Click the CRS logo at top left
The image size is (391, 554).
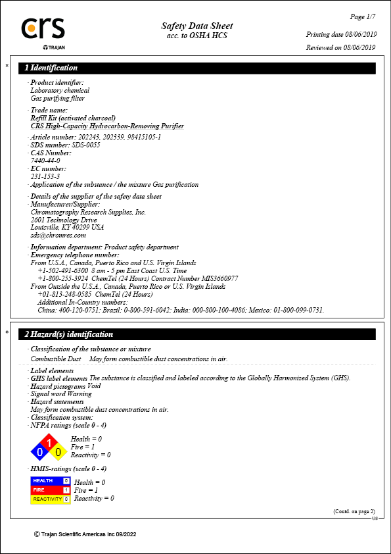[x=43, y=29]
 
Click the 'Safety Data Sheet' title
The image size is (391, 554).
[x=196, y=26]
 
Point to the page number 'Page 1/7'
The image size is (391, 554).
[x=361, y=16]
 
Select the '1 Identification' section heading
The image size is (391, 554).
[x=51, y=68]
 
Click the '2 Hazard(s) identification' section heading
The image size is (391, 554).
[x=69, y=334]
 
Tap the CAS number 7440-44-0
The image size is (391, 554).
[x=45, y=161]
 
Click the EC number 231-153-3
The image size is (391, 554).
[x=45, y=176]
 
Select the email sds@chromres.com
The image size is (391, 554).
[x=58, y=235]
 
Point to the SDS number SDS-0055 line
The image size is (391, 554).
[x=65, y=145]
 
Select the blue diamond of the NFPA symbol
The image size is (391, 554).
[x=40, y=452]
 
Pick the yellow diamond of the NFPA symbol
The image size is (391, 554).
[x=58, y=452]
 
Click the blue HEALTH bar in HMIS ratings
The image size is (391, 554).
[x=51, y=481]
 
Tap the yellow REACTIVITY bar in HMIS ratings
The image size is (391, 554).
[x=51, y=499]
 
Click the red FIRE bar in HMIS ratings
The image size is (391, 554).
[x=51, y=490]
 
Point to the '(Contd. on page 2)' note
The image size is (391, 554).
[x=354, y=511]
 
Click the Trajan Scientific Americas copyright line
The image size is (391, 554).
[x=85, y=534]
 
